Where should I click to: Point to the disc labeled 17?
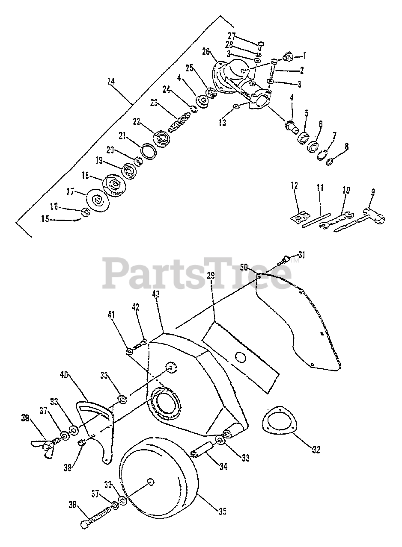(98, 200)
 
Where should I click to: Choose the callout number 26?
(205, 52)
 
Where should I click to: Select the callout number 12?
(294, 186)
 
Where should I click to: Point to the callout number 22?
(137, 121)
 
